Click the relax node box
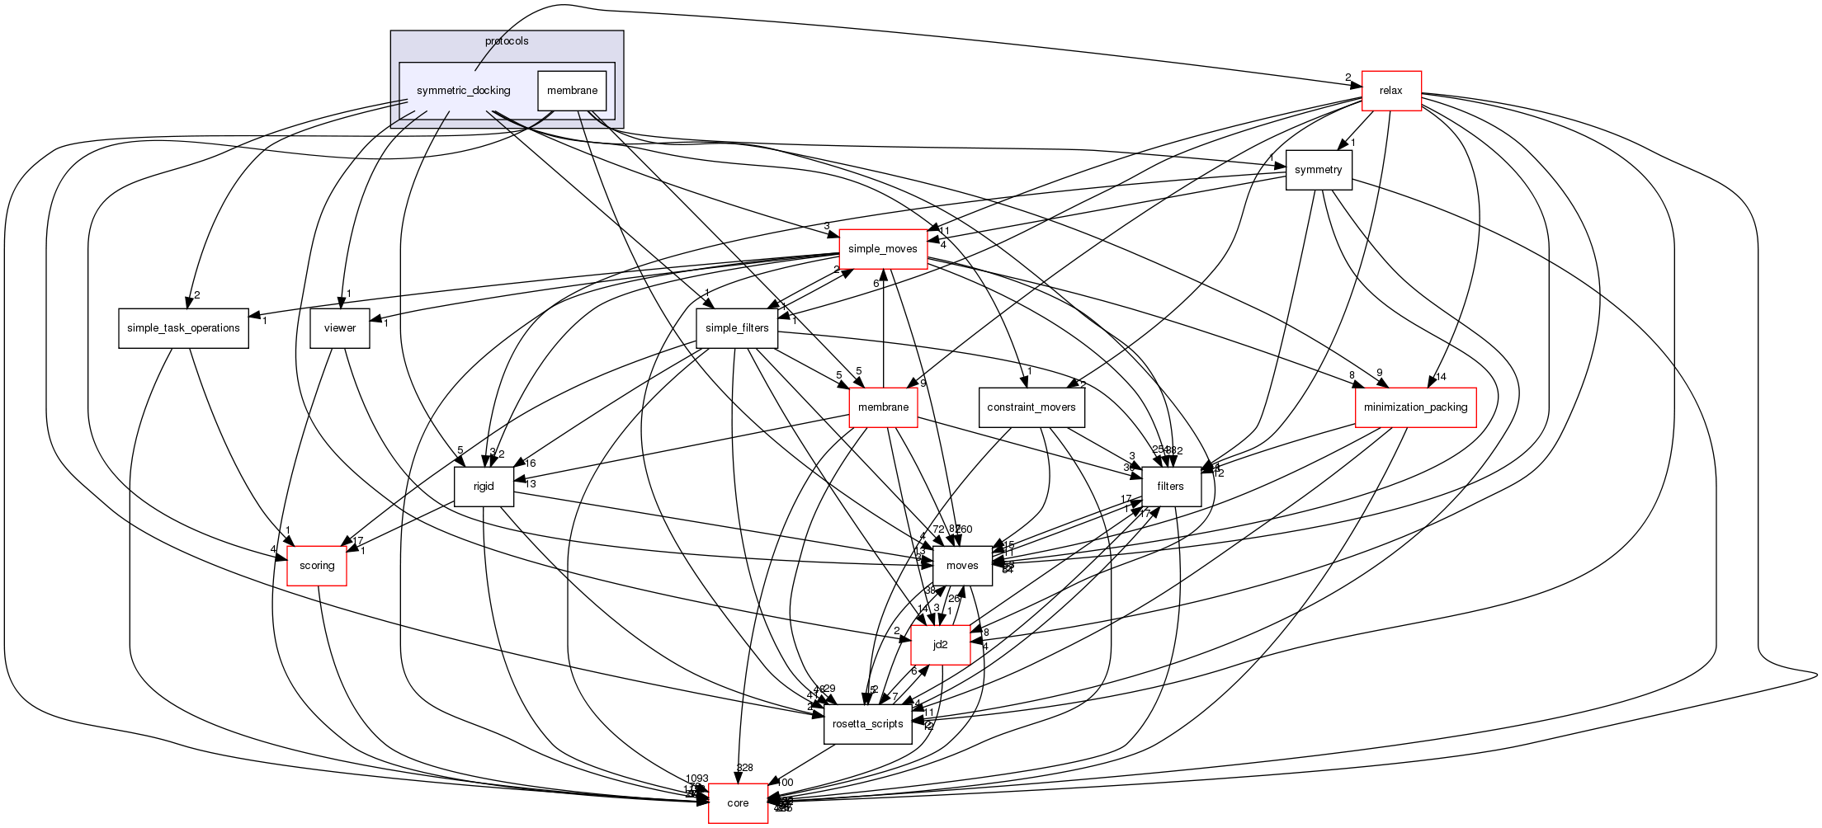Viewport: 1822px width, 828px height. pos(1390,91)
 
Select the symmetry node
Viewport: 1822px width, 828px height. pos(1318,170)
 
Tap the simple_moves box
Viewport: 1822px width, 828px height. pos(882,249)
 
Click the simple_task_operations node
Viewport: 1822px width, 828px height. pos(183,328)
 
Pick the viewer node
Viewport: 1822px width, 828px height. pos(339,328)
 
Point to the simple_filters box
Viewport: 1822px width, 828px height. pos(737,328)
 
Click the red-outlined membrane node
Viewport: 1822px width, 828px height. pos(883,407)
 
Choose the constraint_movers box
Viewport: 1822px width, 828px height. pos(1031,407)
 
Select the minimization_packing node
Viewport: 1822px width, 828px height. pos(1415,407)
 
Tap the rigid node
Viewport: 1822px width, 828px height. pos(484,487)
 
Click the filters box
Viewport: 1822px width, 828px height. pos(1170,487)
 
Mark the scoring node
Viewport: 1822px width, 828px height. pos(316,566)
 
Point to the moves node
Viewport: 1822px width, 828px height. pos(962,566)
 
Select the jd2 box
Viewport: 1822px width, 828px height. pos(940,645)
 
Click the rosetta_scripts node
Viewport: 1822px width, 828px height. pos(867,724)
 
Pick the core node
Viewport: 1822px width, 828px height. pos(738,803)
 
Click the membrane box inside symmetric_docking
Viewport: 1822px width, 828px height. pos(572,91)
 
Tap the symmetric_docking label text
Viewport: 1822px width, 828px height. pos(463,91)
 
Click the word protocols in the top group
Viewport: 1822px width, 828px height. pos(507,41)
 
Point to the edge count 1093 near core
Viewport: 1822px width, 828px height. pos(696,779)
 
